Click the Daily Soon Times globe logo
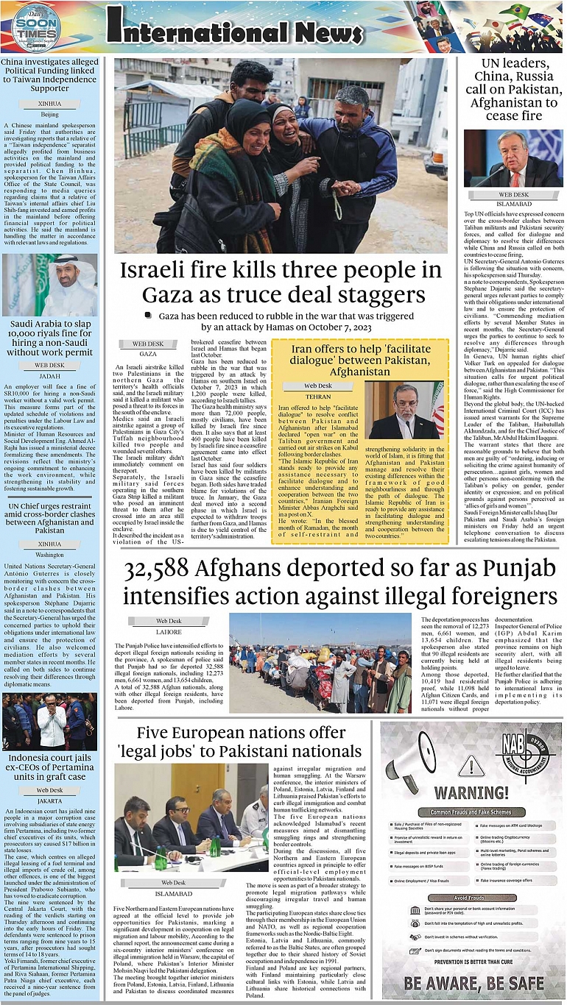[36, 27]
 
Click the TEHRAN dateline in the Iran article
[318, 396]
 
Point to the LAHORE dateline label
[169, 631]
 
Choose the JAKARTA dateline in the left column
[49, 800]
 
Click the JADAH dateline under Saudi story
[49, 375]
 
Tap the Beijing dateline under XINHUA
[49, 115]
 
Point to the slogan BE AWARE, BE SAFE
[473, 981]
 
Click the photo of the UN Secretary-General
[513, 159]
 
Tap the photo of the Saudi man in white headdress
[49, 284]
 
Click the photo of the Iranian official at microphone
[405, 410]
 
